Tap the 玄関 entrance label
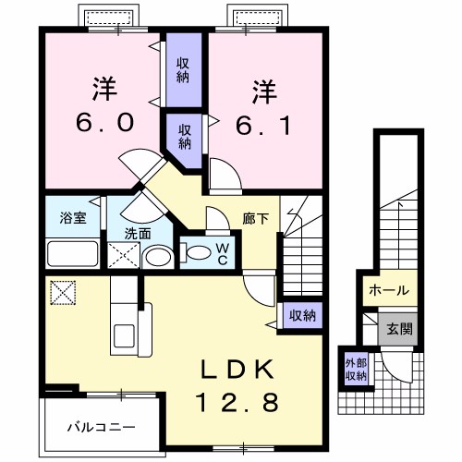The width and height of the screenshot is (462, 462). tap(400, 328)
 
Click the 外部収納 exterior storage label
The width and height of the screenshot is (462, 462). tap(356, 368)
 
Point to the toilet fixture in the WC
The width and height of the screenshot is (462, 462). tap(196, 249)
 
